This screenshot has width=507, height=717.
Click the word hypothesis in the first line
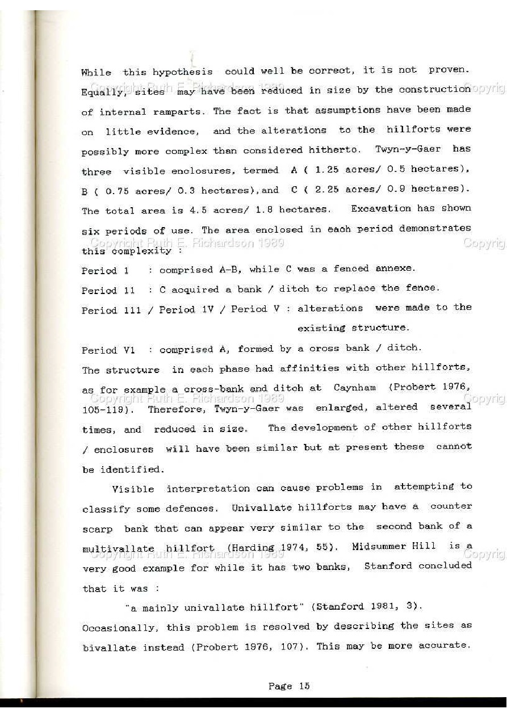182,72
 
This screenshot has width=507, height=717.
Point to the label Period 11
108,291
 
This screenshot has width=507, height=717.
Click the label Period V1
108,350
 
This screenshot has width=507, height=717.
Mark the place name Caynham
355,388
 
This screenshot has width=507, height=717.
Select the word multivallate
118,549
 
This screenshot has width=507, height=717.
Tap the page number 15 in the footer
304,686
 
